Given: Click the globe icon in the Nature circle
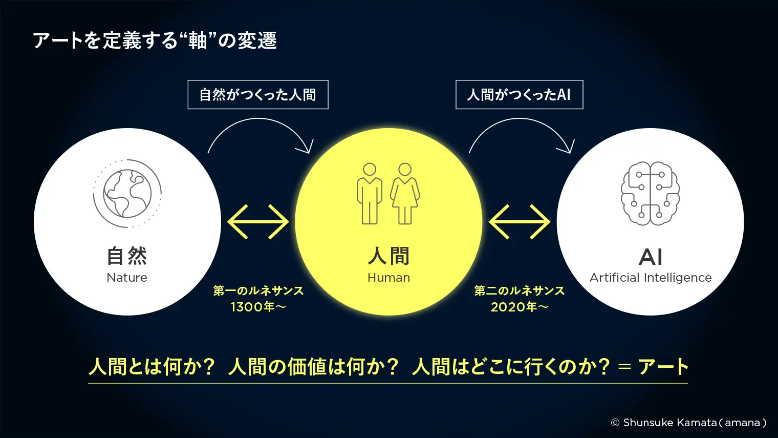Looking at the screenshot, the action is [x=127, y=193].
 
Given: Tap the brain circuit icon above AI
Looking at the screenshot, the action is [x=650, y=193].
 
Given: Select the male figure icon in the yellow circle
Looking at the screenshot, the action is [x=370, y=194].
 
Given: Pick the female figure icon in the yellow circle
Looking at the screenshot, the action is [x=405, y=194].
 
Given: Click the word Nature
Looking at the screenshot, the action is [x=127, y=278].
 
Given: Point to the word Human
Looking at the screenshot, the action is [x=388, y=278].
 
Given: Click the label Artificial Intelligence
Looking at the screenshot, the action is [x=651, y=278].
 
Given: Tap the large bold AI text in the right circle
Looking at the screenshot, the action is [x=651, y=257].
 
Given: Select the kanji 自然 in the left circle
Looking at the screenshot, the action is [x=127, y=256].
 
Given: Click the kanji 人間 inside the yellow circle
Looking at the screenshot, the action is [x=388, y=256].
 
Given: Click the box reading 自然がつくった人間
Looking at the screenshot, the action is [x=258, y=95].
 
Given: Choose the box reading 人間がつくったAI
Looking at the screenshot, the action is [x=519, y=95].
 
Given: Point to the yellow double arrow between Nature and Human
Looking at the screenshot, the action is [x=258, y=222].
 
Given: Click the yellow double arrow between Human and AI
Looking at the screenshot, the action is [x=519, y=222].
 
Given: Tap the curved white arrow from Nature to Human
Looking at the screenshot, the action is [x=258, y=118].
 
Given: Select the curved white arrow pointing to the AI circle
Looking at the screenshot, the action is [x=520, y=118].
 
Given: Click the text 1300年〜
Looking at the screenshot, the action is [x=258, y=307].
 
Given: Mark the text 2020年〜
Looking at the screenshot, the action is [x=519, y=307].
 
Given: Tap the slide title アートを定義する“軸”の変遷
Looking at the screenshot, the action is [x=155, y=40].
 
